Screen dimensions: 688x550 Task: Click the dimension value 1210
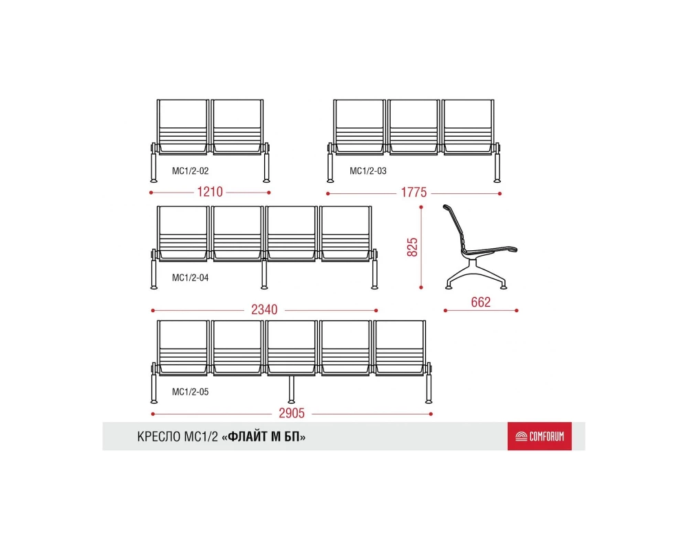coord(210,192)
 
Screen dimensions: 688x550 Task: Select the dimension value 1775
coord(413,192)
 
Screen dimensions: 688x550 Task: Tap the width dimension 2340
coord(264,310)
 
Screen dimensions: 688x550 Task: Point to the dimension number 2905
coord(292,413)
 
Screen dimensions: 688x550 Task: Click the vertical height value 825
coord(412,247)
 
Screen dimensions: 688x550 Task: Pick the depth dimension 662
coord(480,302)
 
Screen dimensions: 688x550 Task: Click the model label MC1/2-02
coord(191,171)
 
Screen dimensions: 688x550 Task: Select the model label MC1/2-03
coord(368,171)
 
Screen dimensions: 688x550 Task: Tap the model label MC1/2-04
coord(191,278)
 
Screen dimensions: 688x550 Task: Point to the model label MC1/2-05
coord(191,392)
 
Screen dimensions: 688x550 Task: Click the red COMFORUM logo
coord(539,437)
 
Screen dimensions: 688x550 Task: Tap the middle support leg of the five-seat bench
coord(291,389)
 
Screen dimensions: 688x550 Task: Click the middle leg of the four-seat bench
coord(264,274)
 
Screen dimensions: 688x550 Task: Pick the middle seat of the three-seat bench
coord(413,127)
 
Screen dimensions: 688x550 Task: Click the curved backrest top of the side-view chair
coord(447,207)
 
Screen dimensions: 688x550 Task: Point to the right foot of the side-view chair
coord(504,287)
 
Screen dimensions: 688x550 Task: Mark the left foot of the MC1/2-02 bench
coord(153,180)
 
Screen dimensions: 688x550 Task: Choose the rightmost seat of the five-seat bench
coord(399,349)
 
